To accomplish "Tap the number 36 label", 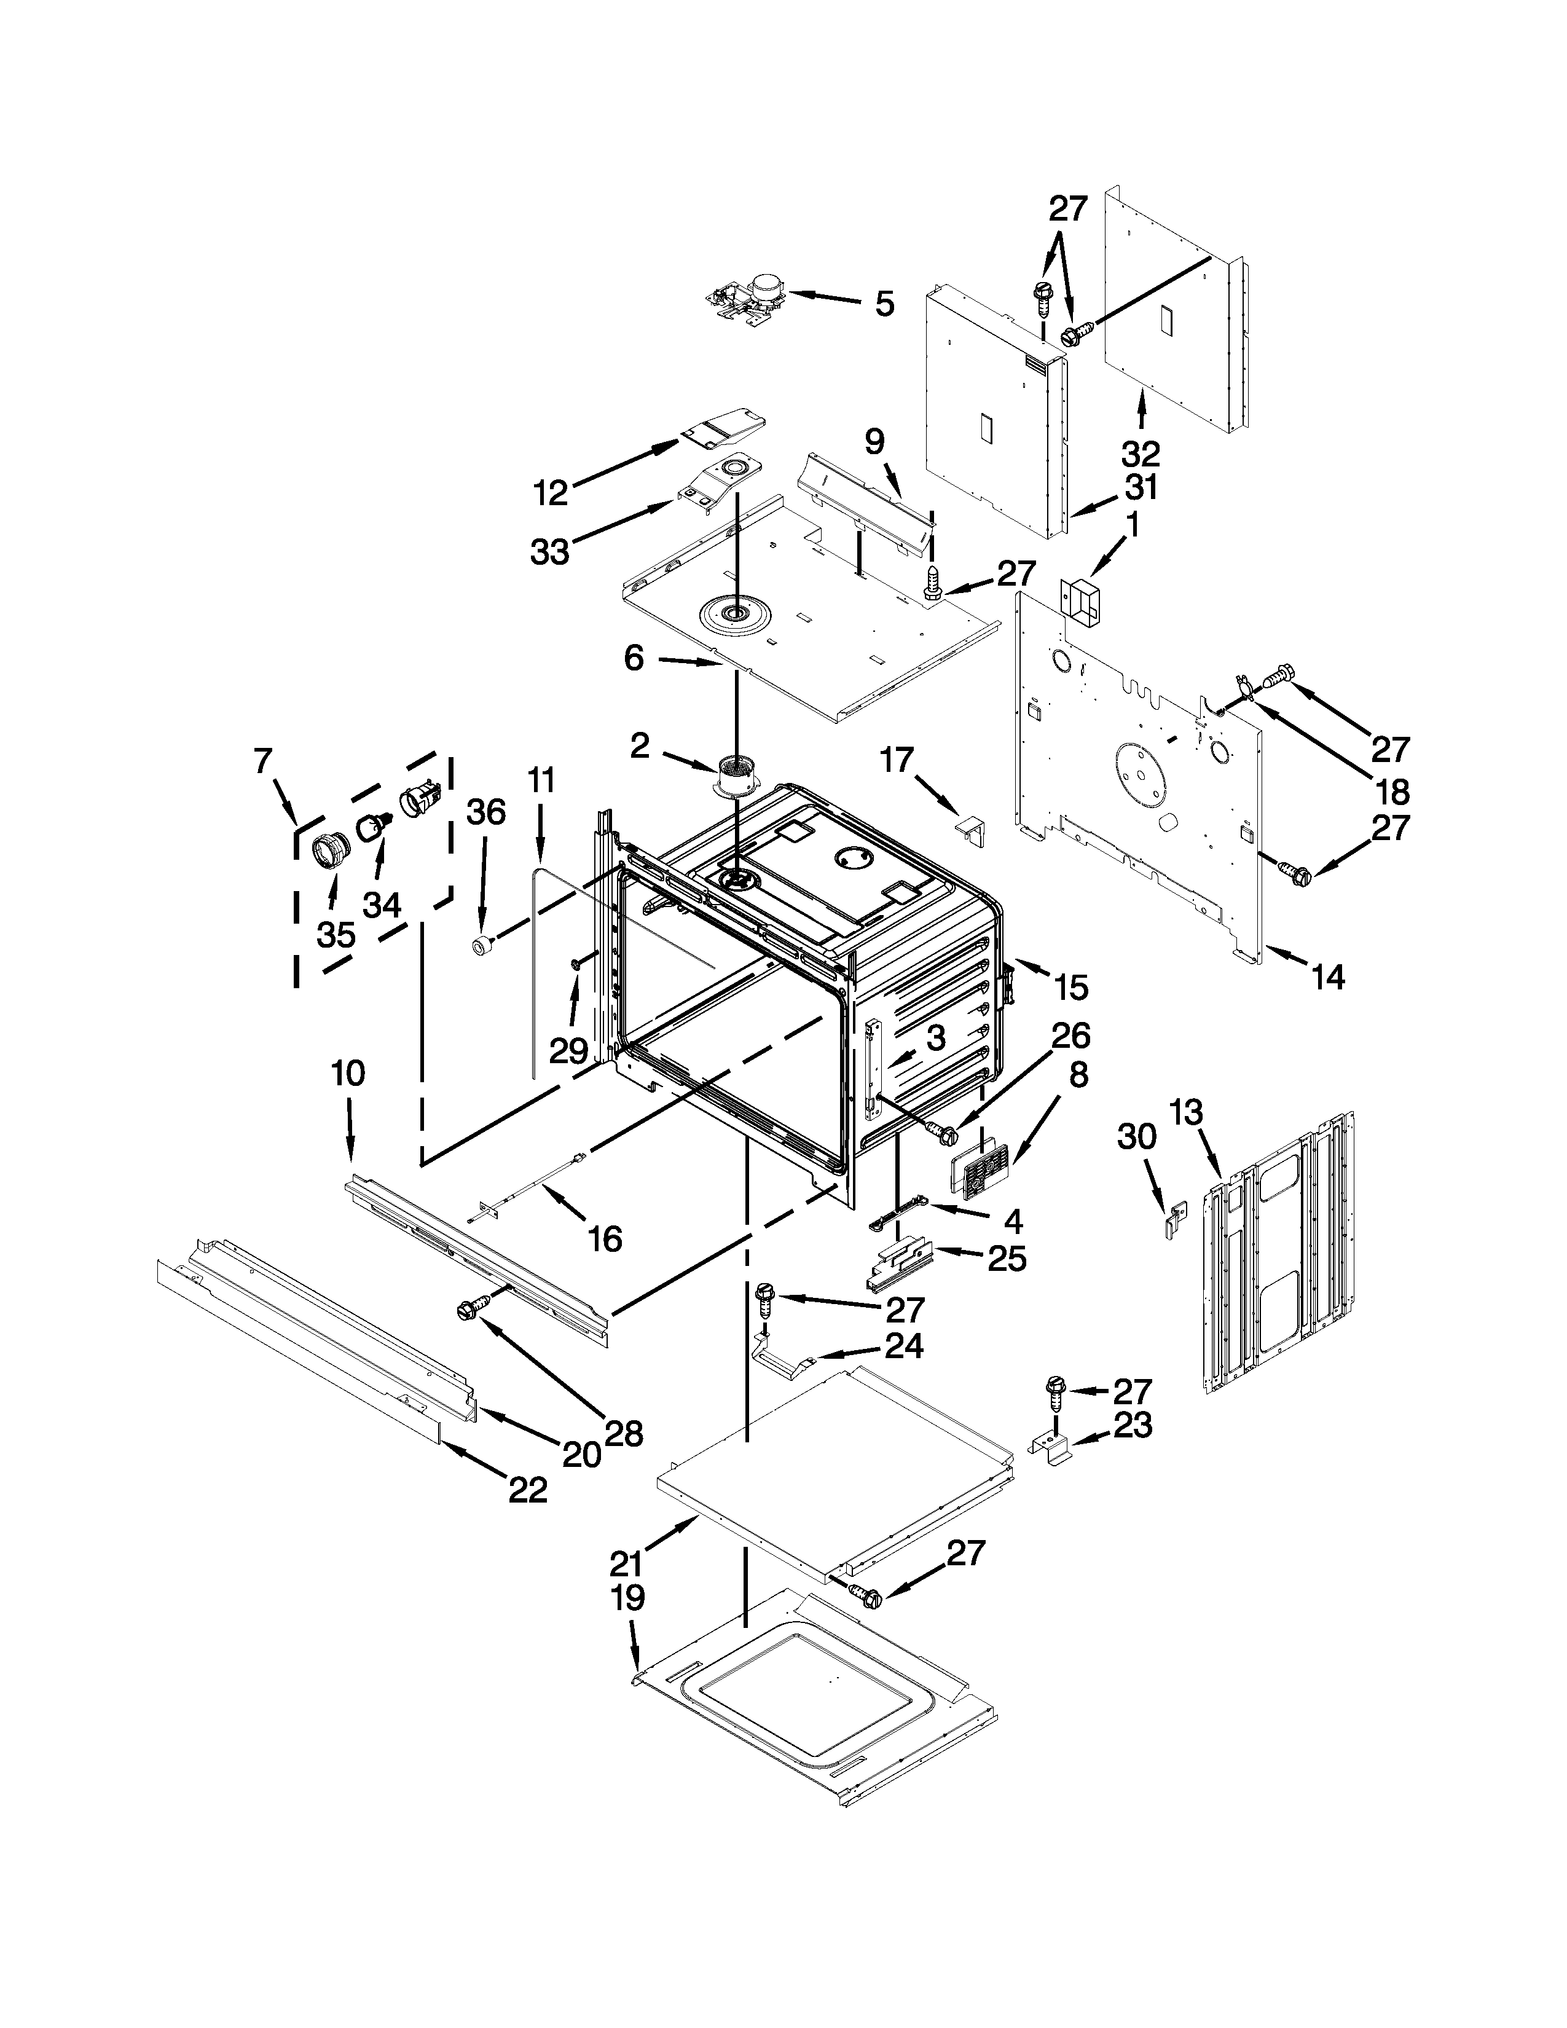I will pyautogui.click(x=485, y=812).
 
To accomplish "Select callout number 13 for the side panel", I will pyautogui.click(x=1185, y=1112).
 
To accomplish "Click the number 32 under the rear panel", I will pyautogui.click(x=1141, y=454).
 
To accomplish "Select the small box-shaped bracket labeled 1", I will pyautogui.click(x=1080, y=600).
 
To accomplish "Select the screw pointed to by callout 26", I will pyautogui.click(x=940, y=1132).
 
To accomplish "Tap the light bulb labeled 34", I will pyautogui.click(x=375, y=823).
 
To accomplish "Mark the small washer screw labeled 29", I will pyautogui.click(x=578, y=965).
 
